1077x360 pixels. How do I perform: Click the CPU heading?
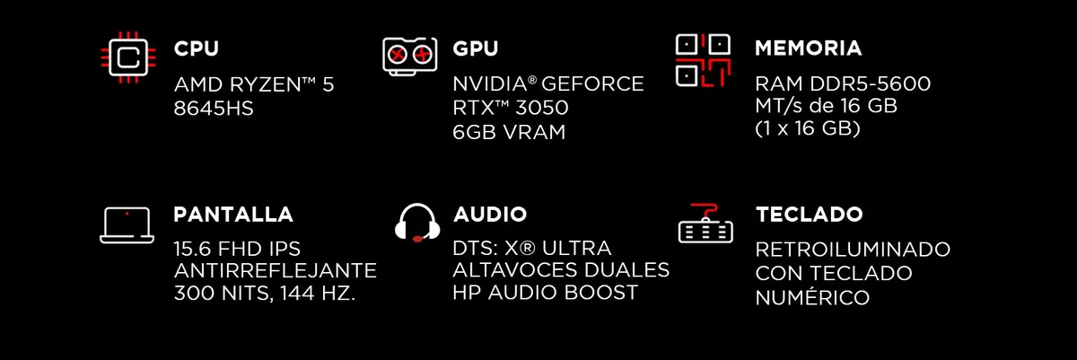point(197,48)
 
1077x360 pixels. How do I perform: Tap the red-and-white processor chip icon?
point(127,57)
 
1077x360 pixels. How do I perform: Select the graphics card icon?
point(409,57)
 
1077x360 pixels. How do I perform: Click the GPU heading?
point(476,48)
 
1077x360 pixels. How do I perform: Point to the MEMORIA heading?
point(809,48)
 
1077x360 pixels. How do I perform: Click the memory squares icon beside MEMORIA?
point(703,60)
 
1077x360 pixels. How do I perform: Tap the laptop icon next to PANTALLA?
point(127,225)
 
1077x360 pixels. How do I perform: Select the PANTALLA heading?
point(233,215)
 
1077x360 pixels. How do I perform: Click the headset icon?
point(417,223)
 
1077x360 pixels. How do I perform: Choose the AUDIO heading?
point(490,215)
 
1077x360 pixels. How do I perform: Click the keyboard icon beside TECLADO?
point(705,224)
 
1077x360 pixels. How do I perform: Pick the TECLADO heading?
point(810,215)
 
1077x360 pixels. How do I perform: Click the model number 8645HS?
point(214,108)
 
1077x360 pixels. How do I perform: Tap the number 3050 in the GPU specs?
point(539,107)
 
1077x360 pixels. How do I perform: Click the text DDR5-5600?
point(871,83)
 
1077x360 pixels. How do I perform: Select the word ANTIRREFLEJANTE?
point(275,270)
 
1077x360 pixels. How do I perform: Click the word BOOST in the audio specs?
point(601,293)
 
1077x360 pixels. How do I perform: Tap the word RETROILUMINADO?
point(853,250)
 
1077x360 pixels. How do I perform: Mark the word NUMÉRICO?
point(812,296)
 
